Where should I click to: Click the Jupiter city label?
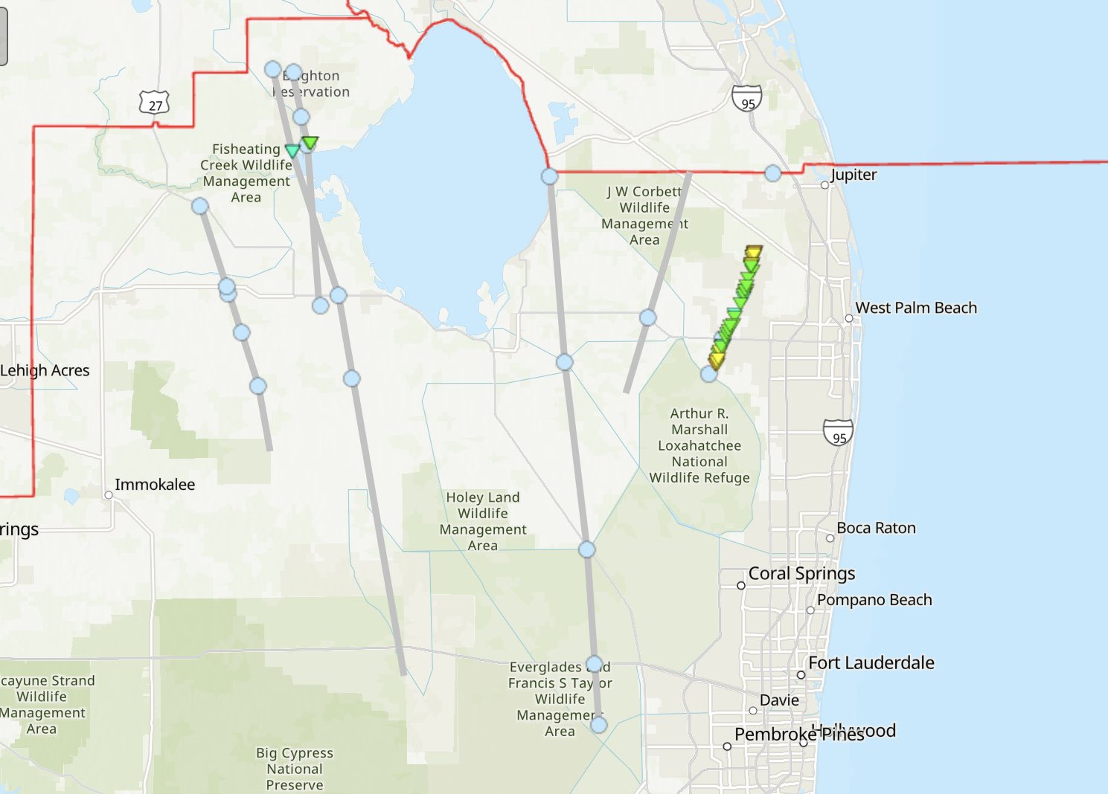click(854, 175)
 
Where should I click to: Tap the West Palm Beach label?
click(916, 308)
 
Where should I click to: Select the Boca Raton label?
click(876, 528)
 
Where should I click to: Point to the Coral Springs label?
click(801, 573)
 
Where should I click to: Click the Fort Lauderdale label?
click(871, 662)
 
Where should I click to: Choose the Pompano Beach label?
click(874, 600)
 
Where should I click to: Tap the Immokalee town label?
click(155, 485)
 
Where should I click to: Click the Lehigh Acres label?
click(45, 370)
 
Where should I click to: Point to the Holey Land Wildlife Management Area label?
click(483, 521)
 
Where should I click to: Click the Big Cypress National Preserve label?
click(295, 769)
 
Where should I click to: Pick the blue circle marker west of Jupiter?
click(773, 173)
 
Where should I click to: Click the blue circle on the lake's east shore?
click(549, 176)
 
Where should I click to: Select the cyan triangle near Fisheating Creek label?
click(292, 151)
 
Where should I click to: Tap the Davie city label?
click(779, 700)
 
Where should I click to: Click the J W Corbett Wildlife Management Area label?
click(644, 216)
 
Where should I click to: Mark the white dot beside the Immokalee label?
click(109, 495)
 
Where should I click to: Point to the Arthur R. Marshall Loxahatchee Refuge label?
click(699, 445)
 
